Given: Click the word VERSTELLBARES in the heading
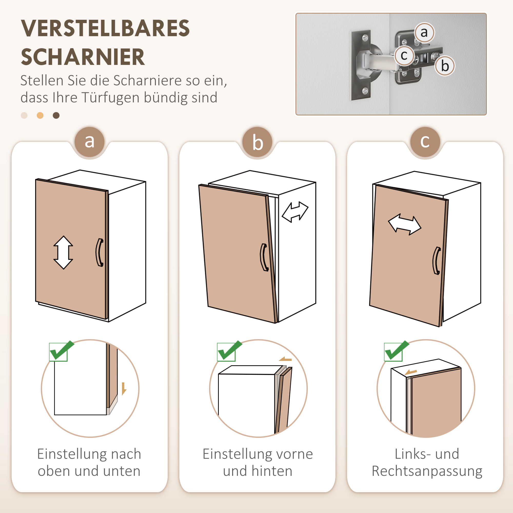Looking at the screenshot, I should [x=105, y=28].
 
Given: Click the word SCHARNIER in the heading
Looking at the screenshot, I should [x=83, y=57].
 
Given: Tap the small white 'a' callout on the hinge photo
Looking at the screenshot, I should [x=424, y=33].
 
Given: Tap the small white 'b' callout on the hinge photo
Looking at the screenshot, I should [x=445, y=66].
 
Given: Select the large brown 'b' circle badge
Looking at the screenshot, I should [x=257, y=143].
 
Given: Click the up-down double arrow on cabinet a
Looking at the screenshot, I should [x=63, y=252].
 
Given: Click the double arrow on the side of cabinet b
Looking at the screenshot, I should [x=295, y=212].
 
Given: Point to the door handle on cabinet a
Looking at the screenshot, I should [x=100, y=252].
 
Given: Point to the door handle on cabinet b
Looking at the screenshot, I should [x=264, y=257].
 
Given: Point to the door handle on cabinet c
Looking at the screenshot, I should [x=437, y=261].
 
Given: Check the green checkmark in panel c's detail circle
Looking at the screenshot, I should [x=396, y=351].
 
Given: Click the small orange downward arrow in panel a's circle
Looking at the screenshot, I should [x=124, y=388].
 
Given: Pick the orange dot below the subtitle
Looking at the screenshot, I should [x=40, y=115].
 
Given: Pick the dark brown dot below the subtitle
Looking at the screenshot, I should [x=56, y=115].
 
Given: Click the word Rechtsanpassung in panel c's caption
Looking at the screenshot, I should [x=427, y=471].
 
